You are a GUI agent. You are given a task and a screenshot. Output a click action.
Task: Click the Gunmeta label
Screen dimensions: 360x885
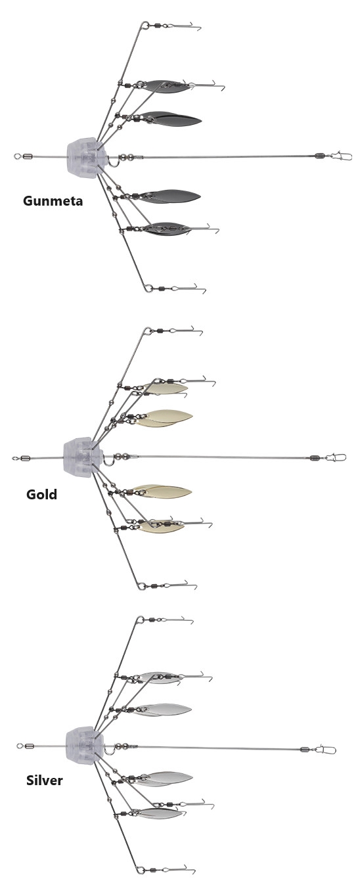(53, 200)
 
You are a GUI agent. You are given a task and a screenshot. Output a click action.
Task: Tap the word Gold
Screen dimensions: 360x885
(41, 494)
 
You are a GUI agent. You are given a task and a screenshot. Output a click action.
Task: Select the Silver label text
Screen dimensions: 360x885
(44, 781)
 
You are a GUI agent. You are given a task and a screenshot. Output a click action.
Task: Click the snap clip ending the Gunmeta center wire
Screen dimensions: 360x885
(342, 156)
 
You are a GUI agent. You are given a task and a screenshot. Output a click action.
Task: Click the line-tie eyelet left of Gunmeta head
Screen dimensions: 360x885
(16, 156)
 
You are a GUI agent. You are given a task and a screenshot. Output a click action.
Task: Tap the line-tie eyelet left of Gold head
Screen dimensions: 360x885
(15, 459)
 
